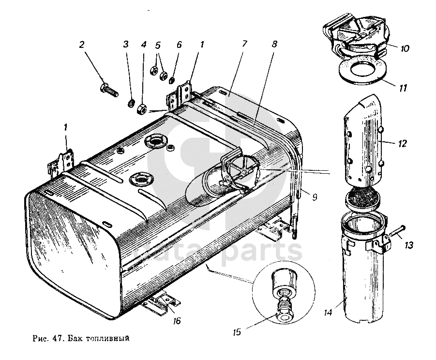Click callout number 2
coord(82,45)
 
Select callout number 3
coord(126,45)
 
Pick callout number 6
coord(179,45)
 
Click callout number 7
coord(244,44)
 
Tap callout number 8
coord(274,44)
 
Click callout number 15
coord(237,332)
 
